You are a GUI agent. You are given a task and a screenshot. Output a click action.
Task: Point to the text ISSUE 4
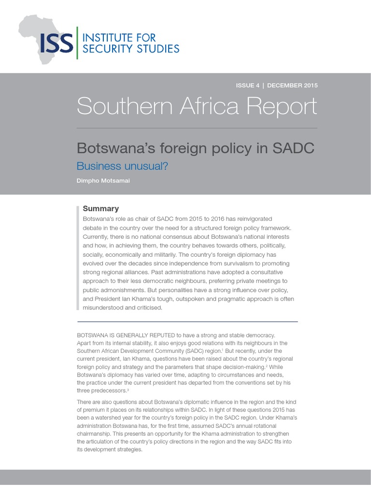(247, 86)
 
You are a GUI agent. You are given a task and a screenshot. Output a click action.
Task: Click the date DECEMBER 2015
(292, 86)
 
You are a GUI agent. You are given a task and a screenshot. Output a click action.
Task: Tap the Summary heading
(100, 209)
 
